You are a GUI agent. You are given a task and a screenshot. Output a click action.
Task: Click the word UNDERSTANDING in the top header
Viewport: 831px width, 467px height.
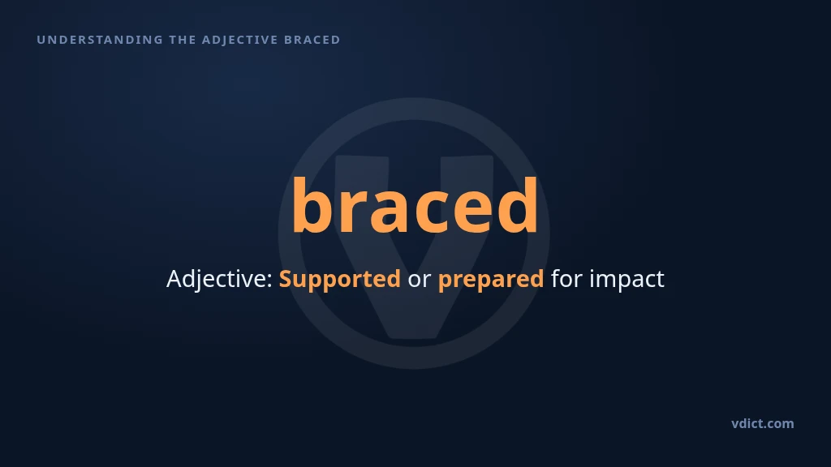100,40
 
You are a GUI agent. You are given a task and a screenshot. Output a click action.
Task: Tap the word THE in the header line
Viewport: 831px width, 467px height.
183,40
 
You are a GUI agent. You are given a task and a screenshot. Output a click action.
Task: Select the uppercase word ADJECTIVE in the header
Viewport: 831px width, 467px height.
240,40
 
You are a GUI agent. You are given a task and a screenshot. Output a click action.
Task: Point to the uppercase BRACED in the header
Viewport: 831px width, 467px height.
312,40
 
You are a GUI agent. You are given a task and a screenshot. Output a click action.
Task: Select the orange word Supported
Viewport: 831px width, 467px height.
340,279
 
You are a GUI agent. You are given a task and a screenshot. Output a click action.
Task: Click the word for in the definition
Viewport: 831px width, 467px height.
566,279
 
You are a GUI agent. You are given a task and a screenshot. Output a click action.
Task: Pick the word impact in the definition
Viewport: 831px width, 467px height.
627,280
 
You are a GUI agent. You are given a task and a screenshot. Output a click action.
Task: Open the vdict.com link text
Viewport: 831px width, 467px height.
763,423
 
